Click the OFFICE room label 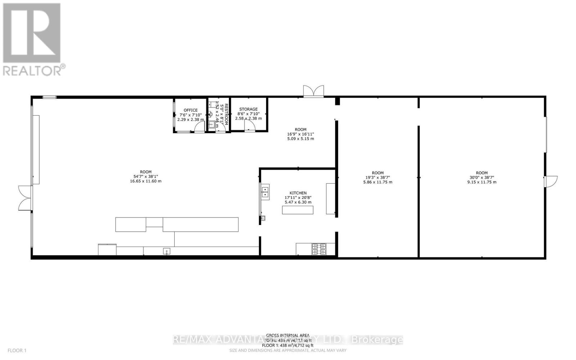(x=190, y=110)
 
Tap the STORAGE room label (x=248, y=109)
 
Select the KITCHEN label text (x=298, y=193)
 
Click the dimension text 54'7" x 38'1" (x=145, y=176)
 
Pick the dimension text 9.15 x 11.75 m (x=482, y=182)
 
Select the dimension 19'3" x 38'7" (x=378, y=177)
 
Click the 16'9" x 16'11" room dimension (x=301, y=134)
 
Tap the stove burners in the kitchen (x=319, y=249)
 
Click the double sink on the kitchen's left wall (x=265, y=192)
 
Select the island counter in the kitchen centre (x=297, y=210)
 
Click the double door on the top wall (x=313, y=91)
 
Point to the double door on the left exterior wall (x=24, y=198)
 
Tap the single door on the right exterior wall (x=551, y=181)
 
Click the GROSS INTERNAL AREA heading (x=288, y=335)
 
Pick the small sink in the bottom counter (x=166, y=251)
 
